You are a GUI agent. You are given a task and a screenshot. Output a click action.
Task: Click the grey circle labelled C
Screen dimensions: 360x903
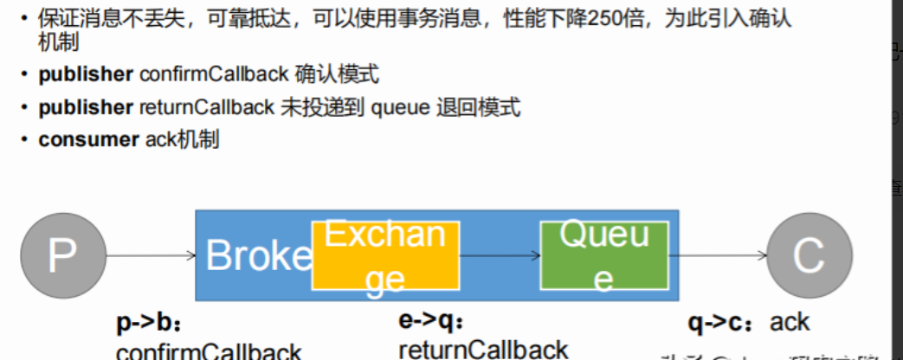pyautogui.click(x=809, y=255)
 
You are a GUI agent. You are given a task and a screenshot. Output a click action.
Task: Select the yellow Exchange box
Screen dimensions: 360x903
pyautogui.click(x=385, y=256)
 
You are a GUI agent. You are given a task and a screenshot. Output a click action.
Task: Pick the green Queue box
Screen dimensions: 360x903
pyautogui.click(x=603, y=256)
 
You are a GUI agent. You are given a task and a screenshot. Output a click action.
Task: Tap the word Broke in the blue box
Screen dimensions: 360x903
pyautogui.click(x=258, y=256)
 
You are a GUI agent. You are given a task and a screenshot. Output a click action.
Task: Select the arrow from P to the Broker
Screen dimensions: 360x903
pyautogui.click(x=151, y=254)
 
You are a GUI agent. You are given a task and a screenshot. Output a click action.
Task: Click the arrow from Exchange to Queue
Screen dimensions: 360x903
pyautogui.click(x=500, y=255)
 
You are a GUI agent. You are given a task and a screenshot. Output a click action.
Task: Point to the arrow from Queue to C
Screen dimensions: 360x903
pyautogui.click(x=718, y=255)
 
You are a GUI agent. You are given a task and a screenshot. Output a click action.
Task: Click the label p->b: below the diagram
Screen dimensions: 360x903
pyautogui.click(x=150, y=323)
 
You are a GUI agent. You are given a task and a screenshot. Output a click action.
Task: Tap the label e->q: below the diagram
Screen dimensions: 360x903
pyautogui.click(x=432, y=321)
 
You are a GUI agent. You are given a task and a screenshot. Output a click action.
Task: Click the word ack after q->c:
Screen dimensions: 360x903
pyautogui.click(x=790, y=322)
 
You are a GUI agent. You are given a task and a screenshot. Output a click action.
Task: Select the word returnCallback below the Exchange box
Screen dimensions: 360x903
pyautogui.click(x=483, y=349)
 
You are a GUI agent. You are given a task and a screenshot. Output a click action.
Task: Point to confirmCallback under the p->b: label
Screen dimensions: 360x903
pyautogui.click(x=209, y=352)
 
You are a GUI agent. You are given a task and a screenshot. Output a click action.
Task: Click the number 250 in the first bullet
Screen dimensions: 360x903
pyautogui.click(x=606, y=19)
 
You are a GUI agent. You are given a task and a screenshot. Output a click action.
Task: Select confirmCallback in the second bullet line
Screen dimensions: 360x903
pyautogui.click(x=213, y=74)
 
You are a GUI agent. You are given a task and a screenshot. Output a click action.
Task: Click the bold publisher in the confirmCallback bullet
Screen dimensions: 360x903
pyautogui.click(x=85, y=74)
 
